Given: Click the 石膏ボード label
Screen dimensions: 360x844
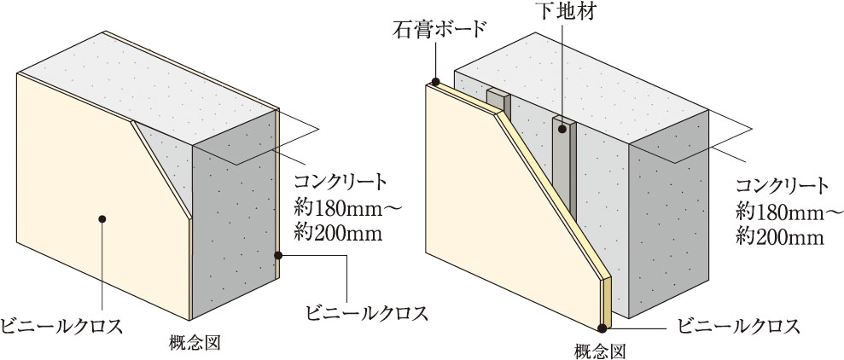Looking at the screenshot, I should [439, 26].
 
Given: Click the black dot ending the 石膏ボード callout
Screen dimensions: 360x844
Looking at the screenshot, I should [435, 83].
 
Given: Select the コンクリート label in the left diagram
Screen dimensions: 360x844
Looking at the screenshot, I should [341, 183].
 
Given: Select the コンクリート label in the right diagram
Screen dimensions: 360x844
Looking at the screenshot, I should [783, 186].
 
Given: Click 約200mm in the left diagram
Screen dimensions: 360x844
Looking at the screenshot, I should [337, 231].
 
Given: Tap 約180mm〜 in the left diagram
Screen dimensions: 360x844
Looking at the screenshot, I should [341, 207].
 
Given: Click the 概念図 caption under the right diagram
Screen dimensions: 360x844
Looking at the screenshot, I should [602, 350].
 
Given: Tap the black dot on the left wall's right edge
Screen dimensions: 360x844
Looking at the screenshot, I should [279, 254].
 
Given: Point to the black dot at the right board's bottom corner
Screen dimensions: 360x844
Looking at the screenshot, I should [604, 327].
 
